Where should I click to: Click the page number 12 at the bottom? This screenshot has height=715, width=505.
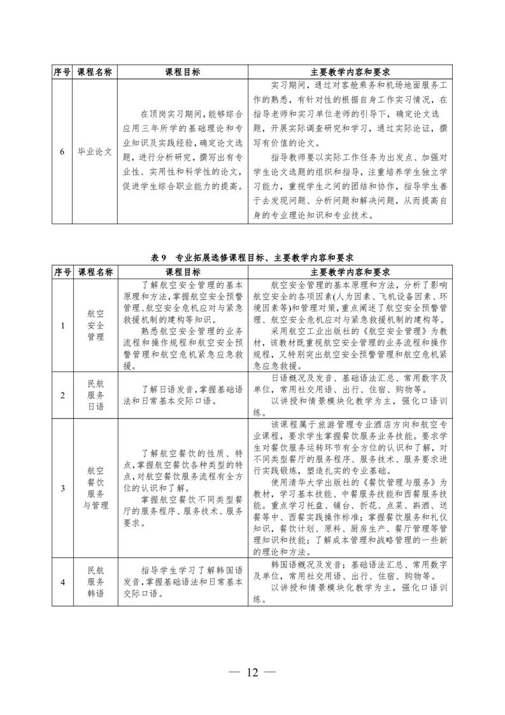(252, 672)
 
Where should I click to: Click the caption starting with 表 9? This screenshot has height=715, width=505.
(252, 257)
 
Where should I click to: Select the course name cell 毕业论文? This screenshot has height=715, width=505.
(94, 152)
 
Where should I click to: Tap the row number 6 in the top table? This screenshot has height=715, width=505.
(62, 152)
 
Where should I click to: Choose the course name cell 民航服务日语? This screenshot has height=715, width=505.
(95, 395)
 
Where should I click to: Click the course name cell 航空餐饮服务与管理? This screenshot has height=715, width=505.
(95, 488)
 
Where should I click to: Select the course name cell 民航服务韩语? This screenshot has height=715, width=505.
(95, 581)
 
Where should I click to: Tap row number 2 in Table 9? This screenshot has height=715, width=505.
(62, 395)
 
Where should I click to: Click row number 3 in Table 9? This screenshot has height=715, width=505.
(62, 488)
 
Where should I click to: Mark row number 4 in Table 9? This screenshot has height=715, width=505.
(62, 581)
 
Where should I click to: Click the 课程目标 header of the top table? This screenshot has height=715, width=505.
(182, 72)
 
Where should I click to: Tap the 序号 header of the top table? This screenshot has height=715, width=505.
(62, 72)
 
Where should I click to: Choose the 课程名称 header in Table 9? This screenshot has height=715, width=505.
(95, 271)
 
